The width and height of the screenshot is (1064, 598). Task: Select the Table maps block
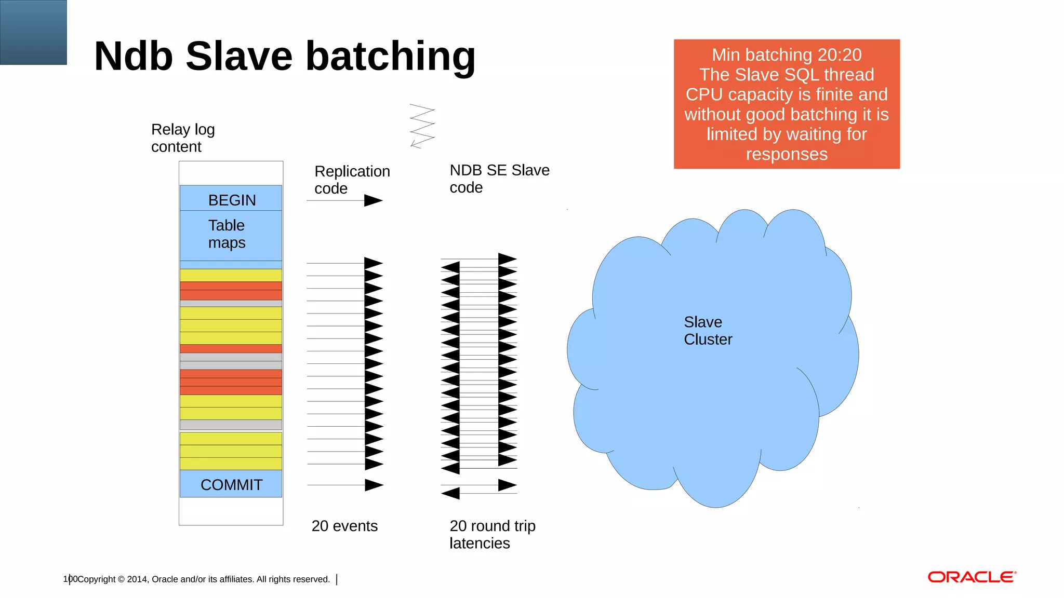(x=231, y=235)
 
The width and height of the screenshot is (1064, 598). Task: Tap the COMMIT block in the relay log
(x=231, y=484)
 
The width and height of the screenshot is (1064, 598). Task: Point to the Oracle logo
(x=972, y=577)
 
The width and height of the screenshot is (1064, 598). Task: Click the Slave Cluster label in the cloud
(x=707, y=331)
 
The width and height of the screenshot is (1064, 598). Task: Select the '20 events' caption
(x=344, y=526)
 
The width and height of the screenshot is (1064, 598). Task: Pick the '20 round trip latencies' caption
(x=491, y=534)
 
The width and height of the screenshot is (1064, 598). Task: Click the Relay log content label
(x=182, y=138)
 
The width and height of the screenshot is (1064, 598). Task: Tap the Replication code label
(x=352, y=180)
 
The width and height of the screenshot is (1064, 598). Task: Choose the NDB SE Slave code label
(x=499, y=179)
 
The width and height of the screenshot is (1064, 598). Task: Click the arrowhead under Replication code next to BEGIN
(x=373, y=200)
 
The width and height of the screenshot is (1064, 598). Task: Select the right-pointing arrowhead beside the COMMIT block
(x=374, y=485)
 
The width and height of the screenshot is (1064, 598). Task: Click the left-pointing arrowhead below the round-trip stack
(x=450, y=493)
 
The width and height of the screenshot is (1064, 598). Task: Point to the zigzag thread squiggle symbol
(x=422, y=126)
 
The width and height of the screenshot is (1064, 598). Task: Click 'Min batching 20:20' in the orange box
(x=786, y=55)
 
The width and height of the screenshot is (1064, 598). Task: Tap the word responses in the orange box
(x=786, y=154)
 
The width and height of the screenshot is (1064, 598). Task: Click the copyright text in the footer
(x=203, y=579)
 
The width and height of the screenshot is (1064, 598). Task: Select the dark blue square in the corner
(x=33, y=32)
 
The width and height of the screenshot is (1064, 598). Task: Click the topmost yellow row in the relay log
(x=231, y=275)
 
